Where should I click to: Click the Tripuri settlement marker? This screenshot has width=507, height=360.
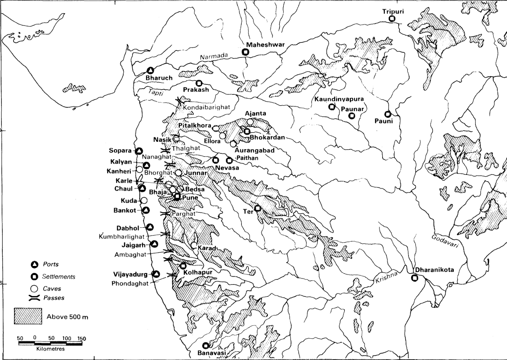(x=392, y=18)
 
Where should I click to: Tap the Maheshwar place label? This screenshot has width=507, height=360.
(x=265, y=45)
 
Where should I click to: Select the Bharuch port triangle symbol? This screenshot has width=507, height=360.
(x=150, y=71)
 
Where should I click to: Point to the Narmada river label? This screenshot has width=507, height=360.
(x=212, y=57)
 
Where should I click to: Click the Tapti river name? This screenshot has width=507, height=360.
(x=156, y=93)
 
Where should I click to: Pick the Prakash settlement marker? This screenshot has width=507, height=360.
(x=199, y=83)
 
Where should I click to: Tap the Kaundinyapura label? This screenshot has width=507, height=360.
(x=339, y=99)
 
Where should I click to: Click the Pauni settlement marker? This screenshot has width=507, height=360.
(x=388, y=114)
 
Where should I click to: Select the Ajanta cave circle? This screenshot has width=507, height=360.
(x=250, y=122)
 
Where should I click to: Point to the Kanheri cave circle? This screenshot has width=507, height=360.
(x=139, y=170)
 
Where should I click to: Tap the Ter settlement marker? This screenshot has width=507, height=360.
(x=257, y=209)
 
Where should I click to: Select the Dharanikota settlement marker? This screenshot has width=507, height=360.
(x=415, y=278)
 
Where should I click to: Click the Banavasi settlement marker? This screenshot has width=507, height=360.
(x=206, y=345)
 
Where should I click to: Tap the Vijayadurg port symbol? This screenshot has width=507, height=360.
(x=156, y=274)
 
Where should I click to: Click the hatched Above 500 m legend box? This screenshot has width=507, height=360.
(x=28, y=316)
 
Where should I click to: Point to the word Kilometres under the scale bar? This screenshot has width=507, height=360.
(x=50, y=349)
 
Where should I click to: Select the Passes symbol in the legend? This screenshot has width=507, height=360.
(x=35, y=298)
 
